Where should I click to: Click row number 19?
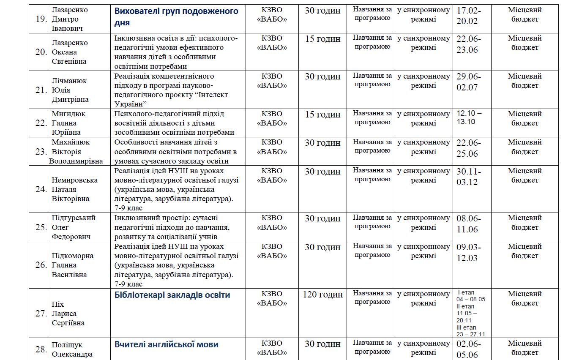tap(41, 19)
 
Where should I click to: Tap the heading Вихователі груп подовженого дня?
tap(176, 16)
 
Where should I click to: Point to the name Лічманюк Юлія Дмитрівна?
tap(70, 90)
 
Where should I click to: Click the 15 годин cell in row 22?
tap(322, 115)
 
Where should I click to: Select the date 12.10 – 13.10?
tap(469, 118)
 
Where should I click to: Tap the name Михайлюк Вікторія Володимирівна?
tap(76, 152)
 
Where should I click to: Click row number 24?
tap(41, 189)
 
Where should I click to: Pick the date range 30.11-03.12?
tap(468, 177)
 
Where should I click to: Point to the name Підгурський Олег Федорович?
tap(74, 227)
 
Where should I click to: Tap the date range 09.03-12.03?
tap(468, 252)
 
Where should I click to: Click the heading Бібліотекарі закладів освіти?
tap(172, 295)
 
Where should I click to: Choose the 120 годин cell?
tap(322, 295)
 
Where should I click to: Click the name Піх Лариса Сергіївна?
tap(68, 314)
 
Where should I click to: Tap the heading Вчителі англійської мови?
tap(166, 344)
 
